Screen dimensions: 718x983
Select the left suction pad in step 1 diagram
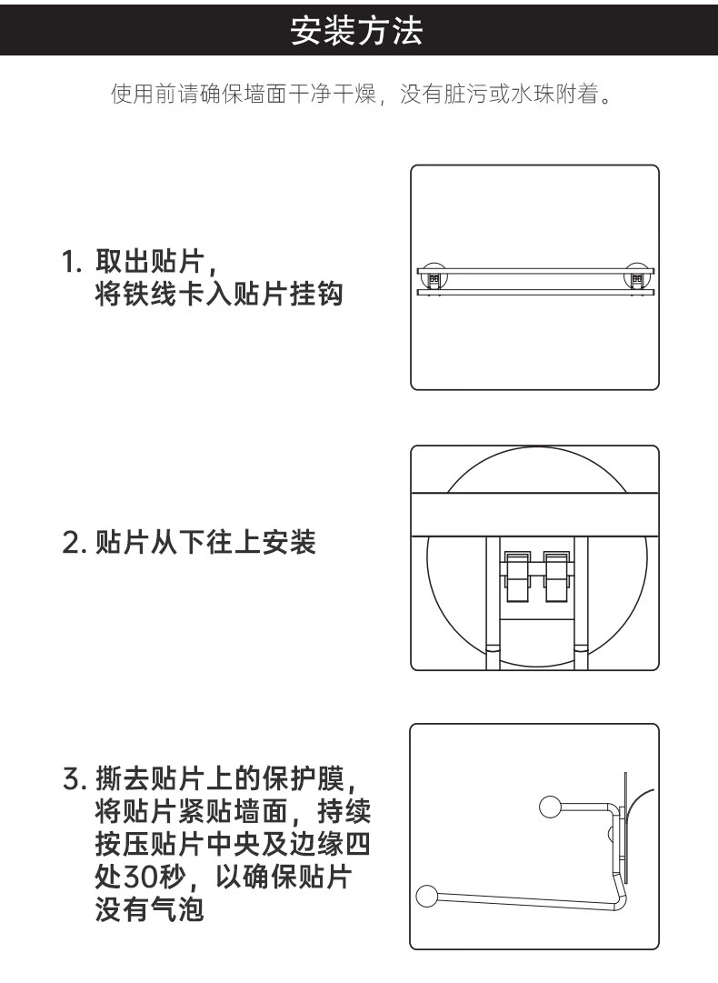click(435, 277)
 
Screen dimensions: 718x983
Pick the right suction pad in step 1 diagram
click(636, 277)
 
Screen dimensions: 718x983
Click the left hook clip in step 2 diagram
click(516, 576)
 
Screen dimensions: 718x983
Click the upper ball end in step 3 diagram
click(549, 806)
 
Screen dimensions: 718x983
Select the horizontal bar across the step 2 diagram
click(534, 514)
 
